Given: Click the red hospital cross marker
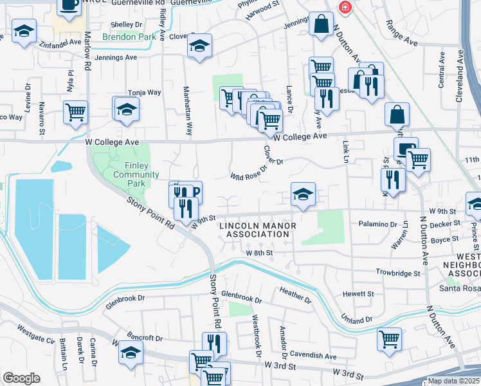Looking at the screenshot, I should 345,7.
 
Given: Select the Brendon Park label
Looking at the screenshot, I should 129,37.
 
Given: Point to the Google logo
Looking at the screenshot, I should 21,378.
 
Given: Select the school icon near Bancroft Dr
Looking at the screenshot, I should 131,353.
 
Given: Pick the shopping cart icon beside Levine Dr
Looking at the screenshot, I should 76,112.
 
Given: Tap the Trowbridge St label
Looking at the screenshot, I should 398,273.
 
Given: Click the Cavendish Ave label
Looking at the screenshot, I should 313,355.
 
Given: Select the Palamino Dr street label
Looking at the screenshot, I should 376,225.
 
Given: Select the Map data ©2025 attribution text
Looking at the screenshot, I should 453,381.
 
